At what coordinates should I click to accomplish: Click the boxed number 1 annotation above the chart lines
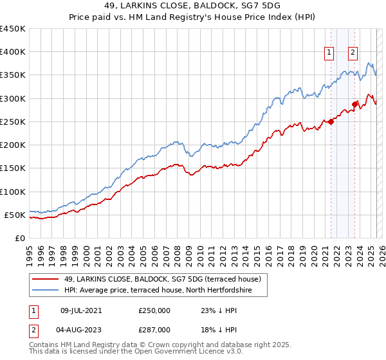[x=329, y=53]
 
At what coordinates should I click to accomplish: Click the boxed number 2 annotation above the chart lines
[x=353, y=53]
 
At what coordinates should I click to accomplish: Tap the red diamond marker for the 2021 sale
[x=331, y=122]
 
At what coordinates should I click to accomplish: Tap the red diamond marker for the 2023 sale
[x=354, y=104]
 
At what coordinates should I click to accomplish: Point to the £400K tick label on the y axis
[x=13, y=52]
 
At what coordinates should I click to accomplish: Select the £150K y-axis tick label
[x=13, y=168]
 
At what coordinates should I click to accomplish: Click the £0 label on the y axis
[x=19, y=238]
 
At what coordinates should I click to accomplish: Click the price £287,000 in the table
[x=154, y=329]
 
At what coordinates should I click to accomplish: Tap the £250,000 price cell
[x=154, y=310]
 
